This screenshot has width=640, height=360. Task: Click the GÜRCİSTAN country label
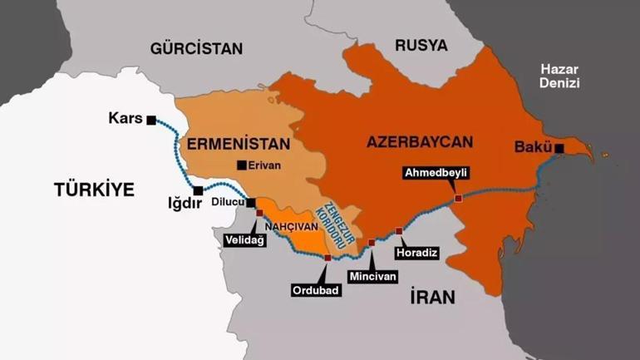point(196,48)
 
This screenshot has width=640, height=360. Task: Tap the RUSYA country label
point(421,45)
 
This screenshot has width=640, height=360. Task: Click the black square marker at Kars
point(150,120)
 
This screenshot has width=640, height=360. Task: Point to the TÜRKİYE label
point(94,190)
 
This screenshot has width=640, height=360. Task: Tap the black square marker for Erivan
point(241,165)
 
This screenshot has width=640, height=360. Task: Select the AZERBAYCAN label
point(419,141)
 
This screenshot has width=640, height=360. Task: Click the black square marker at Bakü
point(559,149)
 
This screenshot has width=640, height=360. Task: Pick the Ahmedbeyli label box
point(436,173)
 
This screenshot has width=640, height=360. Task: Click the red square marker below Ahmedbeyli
point(458,198)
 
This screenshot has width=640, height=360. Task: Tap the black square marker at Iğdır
point(197,190)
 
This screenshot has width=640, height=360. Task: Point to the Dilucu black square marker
point(250,202)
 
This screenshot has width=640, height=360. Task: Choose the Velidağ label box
point(244,239)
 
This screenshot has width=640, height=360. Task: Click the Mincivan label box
point(372,275)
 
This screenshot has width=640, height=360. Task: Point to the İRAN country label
point(432,297)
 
